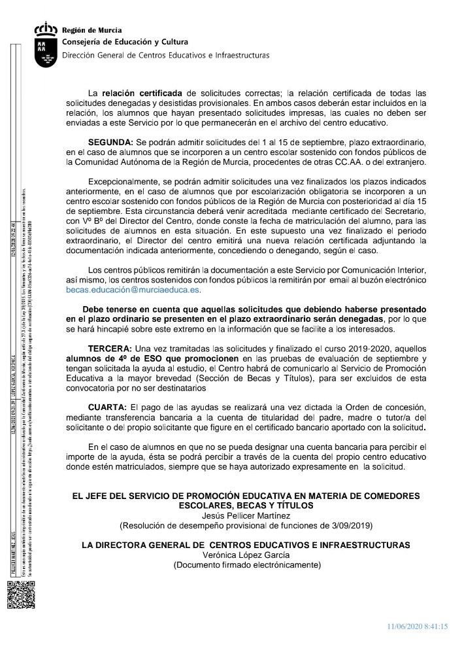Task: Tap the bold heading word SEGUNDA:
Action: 110,142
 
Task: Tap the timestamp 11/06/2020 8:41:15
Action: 416,626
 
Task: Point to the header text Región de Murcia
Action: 91,30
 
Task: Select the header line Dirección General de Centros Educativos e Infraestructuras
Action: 165,56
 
